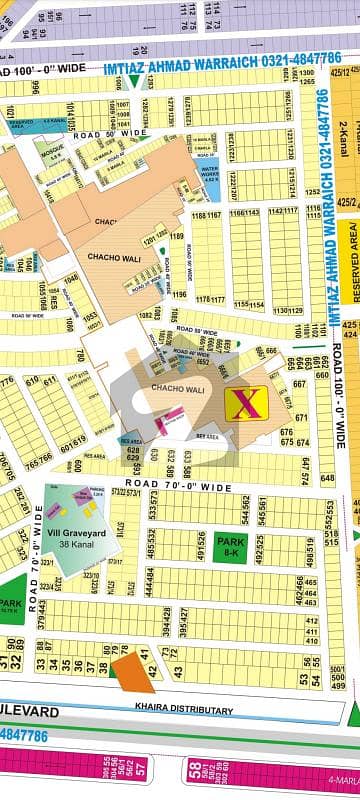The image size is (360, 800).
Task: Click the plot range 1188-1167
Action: (x=206, y=214)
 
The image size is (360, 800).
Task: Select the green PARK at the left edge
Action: (x=9, y=605)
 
